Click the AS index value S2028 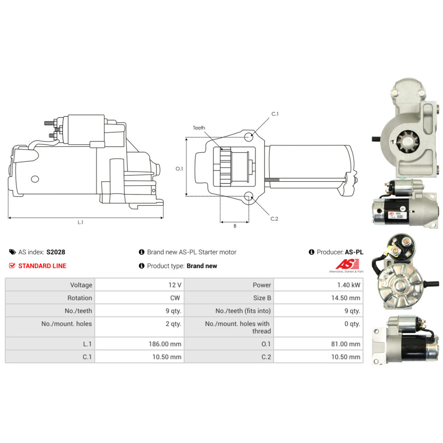tap(56, 252)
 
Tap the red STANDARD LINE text tap(42, 266)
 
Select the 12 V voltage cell tap(175, 285)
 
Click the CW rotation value tap(175, 298)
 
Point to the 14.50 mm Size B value tap(348, 298)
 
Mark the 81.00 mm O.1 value tap(348, 344)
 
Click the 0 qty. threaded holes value tap(352, 324)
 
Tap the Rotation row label tap(80, 298)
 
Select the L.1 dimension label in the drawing tap(81, 222)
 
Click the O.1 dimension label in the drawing tap(179, 168)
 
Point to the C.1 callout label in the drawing tap(275, 114)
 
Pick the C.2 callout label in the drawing tap(274, 218)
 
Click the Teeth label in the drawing tap(199, 128)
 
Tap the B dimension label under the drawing tap(235, 226)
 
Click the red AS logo tap(344, 264)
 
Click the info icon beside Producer tap(311, 252)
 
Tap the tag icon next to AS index tap(12, 252)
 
